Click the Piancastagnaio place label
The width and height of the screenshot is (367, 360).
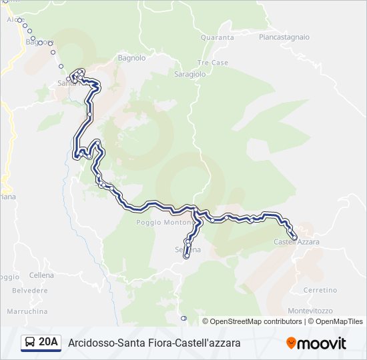(x=284, y=37)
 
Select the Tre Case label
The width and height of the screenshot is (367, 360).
(x=213, y=63)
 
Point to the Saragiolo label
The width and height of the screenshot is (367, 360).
(x=190, y=75)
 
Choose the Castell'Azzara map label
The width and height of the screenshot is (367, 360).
(x=296, y=241)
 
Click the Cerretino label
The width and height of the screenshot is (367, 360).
(x=320, y=290)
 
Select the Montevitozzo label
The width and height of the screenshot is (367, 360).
(x=311, y=311)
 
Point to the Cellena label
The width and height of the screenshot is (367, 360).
(x=41, y=275)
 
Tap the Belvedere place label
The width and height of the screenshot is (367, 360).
(x=30, y=291)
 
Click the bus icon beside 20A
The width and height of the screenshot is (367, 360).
(x=30, y=343)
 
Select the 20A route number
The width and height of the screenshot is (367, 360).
(x=49, y=343)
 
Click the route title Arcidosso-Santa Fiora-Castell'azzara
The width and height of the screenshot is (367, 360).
(x=154, y=343)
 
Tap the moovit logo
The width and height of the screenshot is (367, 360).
(x=316, y=343)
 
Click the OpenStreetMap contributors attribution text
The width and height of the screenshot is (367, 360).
(x=256, y=321)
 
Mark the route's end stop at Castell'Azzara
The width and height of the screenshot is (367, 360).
(x=294, y=237)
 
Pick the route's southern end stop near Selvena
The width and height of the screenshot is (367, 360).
(x=187, y=255)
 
